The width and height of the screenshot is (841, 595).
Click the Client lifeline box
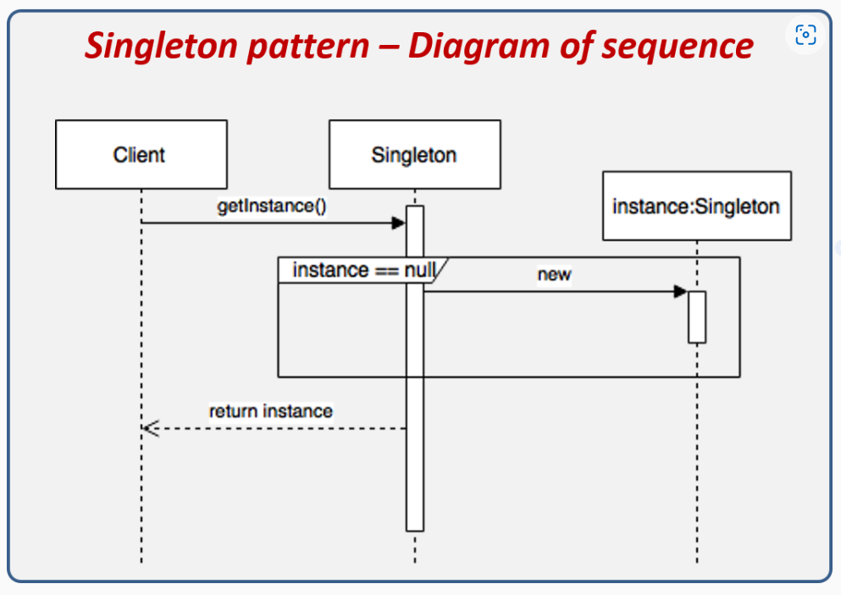(141, 154)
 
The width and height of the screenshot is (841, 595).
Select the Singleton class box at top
(414, 154)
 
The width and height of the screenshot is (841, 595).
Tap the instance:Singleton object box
(696, 206)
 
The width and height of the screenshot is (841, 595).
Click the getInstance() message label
(271, 206)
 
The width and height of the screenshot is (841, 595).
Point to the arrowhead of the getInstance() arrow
(399, 223)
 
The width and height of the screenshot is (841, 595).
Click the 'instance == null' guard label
(363, 270)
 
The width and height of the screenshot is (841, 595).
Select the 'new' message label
(554, 275)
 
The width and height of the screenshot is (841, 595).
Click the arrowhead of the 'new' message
(680, 292)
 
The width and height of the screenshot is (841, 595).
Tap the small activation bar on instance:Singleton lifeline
(696, 317)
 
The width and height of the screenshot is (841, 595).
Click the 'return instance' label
(271, 411)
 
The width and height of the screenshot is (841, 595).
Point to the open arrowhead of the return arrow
(150, 428)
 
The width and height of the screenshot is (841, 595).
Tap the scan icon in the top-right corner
(805, 35)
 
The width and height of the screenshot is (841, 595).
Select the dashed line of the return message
(279, 428)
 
